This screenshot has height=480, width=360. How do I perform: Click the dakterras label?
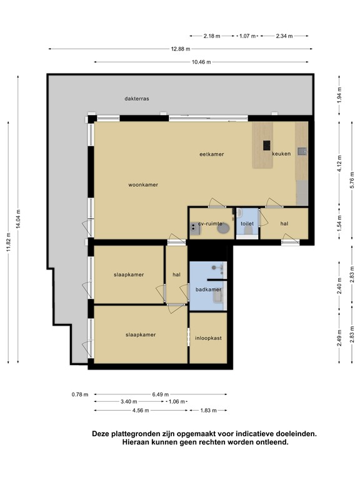137,99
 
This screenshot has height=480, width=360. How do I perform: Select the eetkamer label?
212,154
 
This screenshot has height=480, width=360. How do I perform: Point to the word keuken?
281,154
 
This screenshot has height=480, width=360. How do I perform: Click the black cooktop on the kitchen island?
267,146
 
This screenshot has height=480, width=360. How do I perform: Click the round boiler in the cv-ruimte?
223,229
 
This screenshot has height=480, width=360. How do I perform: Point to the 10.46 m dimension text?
201,62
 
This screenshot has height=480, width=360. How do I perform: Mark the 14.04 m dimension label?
18,218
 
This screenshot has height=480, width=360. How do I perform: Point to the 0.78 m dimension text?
80,394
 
